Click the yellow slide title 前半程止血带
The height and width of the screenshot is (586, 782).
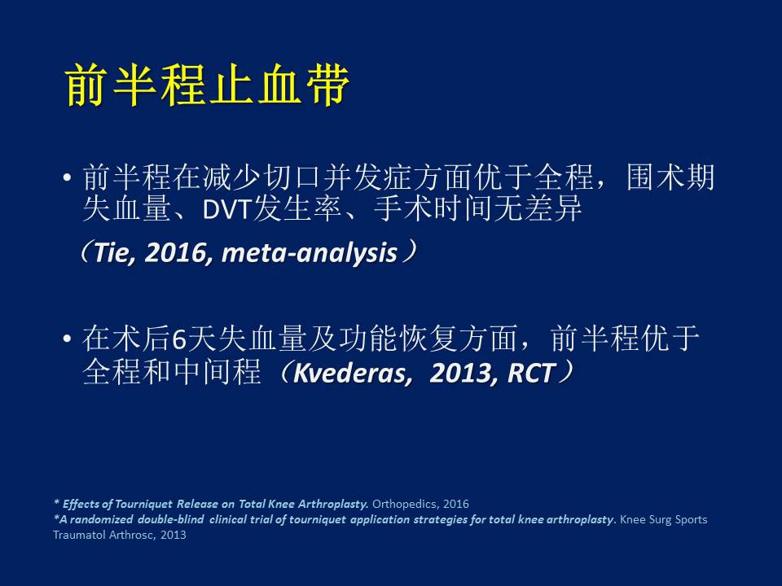[x=208, y=85]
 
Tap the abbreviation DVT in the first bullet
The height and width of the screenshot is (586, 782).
[x=227, y=210]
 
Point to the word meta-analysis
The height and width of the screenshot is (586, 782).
[x=310, y=253]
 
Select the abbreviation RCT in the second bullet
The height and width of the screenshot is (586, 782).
[x=531, y=373]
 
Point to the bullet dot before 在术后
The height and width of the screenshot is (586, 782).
[x=68, y=339]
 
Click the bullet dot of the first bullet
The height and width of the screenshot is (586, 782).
[x=68, y=177]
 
